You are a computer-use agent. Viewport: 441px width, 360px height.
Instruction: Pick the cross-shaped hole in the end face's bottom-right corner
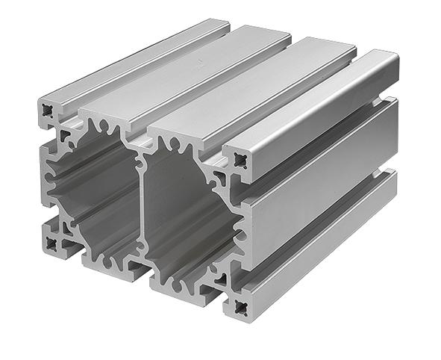[x=240, y=305]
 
